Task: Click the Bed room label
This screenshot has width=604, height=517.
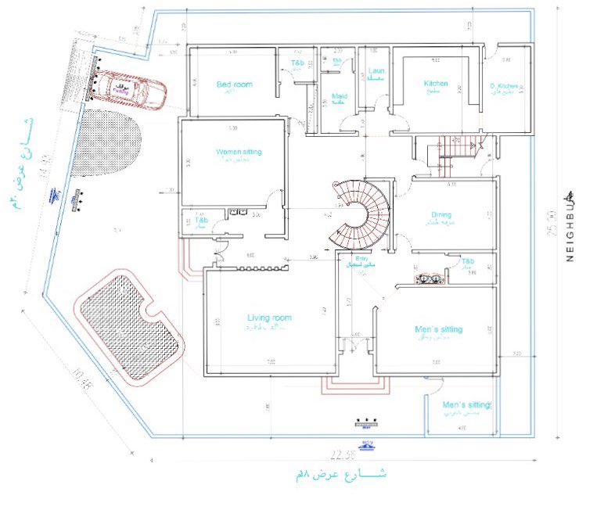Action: (x=234, y=84)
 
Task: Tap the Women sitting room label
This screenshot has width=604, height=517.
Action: (x=239, y=152)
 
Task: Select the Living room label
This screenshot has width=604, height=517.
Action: (x=269, y=318)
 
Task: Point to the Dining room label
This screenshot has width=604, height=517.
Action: (x=441, y=215)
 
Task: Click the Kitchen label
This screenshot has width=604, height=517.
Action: (x=436, y=84)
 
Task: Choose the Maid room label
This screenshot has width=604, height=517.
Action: (x=339, y=97)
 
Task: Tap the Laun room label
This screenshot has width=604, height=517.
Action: (x=376, y=71)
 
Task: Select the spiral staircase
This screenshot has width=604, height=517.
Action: (x=358, y=211)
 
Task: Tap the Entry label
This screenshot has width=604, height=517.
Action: (x=361, y=258)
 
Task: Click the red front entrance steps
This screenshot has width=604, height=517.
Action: (x=357, y=385)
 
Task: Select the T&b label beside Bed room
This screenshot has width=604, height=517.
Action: (x=298, y=62)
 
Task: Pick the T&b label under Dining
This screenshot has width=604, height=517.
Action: (x=468, y=261)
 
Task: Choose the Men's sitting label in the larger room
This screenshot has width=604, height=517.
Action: (x=438, y=329)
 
